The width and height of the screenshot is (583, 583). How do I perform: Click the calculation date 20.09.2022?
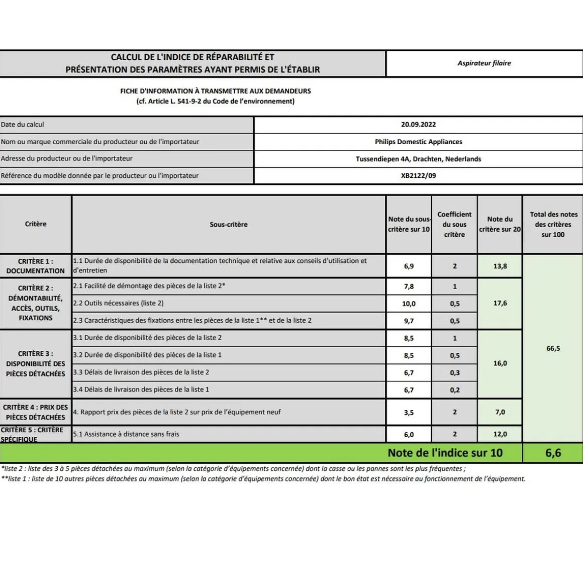click(x=418, y=125)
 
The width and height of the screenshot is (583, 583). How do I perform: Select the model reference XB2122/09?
click(x=418, y=176)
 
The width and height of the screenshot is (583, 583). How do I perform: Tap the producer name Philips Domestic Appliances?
click(x=418, y=142)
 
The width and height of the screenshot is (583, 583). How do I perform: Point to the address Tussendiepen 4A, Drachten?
click(x=418, y=159)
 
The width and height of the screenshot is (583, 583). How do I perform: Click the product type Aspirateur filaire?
click(x=484, y=63)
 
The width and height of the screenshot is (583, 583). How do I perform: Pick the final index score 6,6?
click(x=553, y=453)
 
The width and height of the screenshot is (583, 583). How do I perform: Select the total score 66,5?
click(x=553, y=348)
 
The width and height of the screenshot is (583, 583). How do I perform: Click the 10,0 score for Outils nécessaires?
click(x=409, y=304)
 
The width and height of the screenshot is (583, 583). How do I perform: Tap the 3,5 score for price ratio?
click(x=409, y=413)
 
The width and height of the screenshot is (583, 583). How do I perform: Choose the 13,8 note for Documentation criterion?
click(x=500, y=266)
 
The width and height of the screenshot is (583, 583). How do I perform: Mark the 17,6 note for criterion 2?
click(x=500, y=303)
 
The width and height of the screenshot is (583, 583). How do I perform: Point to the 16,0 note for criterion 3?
click(x=500, y=363)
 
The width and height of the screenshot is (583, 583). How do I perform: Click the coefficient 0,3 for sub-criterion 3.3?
click(x=454, y=373)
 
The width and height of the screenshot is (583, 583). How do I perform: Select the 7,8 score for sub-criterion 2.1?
click(x=409, y=286)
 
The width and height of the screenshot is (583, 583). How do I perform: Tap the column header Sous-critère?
click(x=229, y=225)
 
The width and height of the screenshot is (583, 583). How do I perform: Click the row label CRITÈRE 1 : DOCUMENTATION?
click(x=35, y=266)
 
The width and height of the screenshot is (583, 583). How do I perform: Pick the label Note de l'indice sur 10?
click(x=445, y=453)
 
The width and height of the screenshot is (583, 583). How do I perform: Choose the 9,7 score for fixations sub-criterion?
click(x=409, y=321)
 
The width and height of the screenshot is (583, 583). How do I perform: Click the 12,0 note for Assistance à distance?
click(x=500, y=434)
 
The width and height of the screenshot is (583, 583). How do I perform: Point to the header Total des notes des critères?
click(x=553, y=224)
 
